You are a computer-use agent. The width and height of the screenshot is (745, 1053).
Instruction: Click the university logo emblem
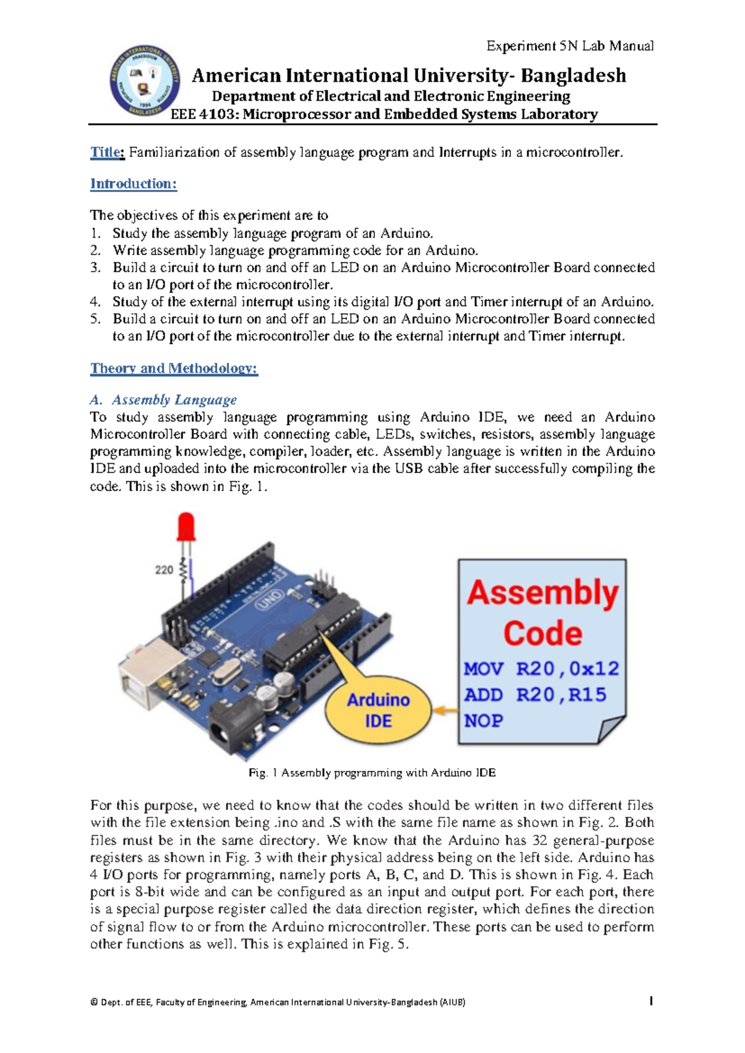click(x=145, y=81)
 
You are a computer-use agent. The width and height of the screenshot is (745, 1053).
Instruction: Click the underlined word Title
click(x=107, y=152)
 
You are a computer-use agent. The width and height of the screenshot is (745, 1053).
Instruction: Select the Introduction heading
click(x=133, y=184)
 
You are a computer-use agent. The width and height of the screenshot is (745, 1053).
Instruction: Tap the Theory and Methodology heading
click(x=174, y=368)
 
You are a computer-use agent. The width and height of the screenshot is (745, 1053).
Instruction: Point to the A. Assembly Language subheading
click(x=164, y=400)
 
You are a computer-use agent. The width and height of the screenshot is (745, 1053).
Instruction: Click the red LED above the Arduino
click(x=186, y=526)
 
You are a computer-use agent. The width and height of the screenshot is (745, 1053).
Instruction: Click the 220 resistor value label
click(x=164, y=569)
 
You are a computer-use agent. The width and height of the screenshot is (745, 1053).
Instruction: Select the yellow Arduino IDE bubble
click(x=378, y=710)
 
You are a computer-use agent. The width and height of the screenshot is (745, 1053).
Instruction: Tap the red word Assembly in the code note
click(x=543, y=592)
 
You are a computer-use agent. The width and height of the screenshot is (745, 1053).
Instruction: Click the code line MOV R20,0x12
click(x=541, y=669)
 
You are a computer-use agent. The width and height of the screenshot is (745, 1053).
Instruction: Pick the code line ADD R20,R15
click(x=535, y=695)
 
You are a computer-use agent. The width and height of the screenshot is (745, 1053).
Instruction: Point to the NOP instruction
click(x=483, y=721)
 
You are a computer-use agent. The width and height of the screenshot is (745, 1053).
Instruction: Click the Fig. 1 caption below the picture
click(x=372, y=773)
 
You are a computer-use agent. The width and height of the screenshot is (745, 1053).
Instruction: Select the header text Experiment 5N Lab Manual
click(x=569, y=46)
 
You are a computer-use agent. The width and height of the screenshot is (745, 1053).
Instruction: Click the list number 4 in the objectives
click(x=95, y=302)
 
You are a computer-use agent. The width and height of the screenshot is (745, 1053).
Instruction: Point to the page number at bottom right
click(x=650, y=1001)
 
